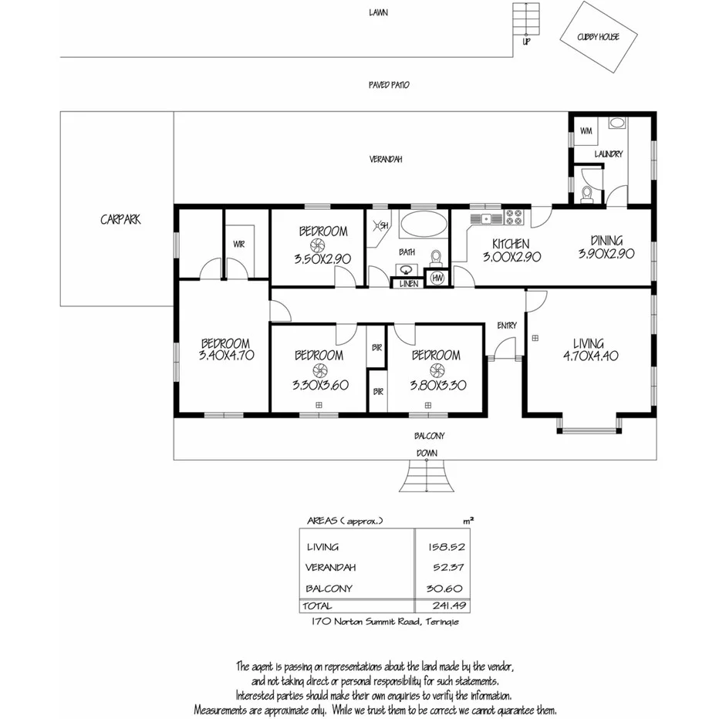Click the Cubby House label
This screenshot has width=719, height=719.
click(597, 37)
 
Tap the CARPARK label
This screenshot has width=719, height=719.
click(120, 219)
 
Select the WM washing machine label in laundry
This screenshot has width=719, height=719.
click(585, 131)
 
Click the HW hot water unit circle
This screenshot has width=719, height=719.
click(437, 278)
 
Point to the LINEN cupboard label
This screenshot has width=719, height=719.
click(408, 284)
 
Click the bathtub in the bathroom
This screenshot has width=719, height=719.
click(424, 225)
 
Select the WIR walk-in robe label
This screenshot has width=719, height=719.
click(238, 245)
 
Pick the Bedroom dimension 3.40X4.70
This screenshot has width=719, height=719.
click(226, 356)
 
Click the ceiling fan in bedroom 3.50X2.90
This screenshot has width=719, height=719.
click(322, 246)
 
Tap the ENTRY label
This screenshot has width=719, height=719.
click(507, 326)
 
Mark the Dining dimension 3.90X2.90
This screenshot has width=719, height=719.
click(606, 253)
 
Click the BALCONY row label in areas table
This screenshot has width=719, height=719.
click(329, 589)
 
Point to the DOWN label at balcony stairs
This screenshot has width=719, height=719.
click(427, 453)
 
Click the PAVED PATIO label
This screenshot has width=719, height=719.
click(389, 84)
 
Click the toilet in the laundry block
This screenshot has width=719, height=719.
click(586, 193)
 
